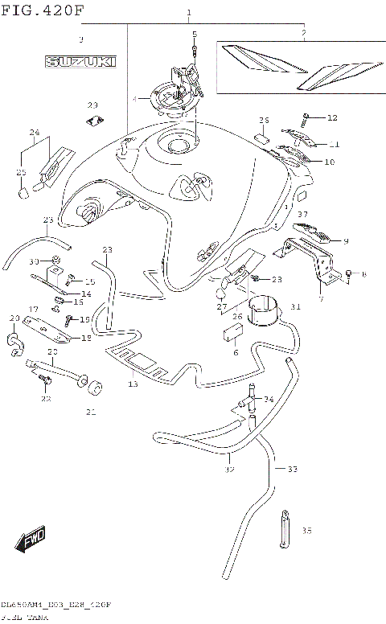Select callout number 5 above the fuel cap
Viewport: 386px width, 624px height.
pyautogui.click(x=195, y=34)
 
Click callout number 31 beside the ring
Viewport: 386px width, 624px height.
pyautogui.click(x=295, y=306)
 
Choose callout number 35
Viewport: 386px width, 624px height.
pyautogui.click(x=306, y=531)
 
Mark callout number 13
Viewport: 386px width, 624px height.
pyautogui.click(x=133, y=384)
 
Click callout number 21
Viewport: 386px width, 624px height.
pyautogui.click(x=91, y=413)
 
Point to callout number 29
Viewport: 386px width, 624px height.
pyautogui.click(x=92, y=105)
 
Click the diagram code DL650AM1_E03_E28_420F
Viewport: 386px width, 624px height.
pyautogui.click(x=55, y=604)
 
